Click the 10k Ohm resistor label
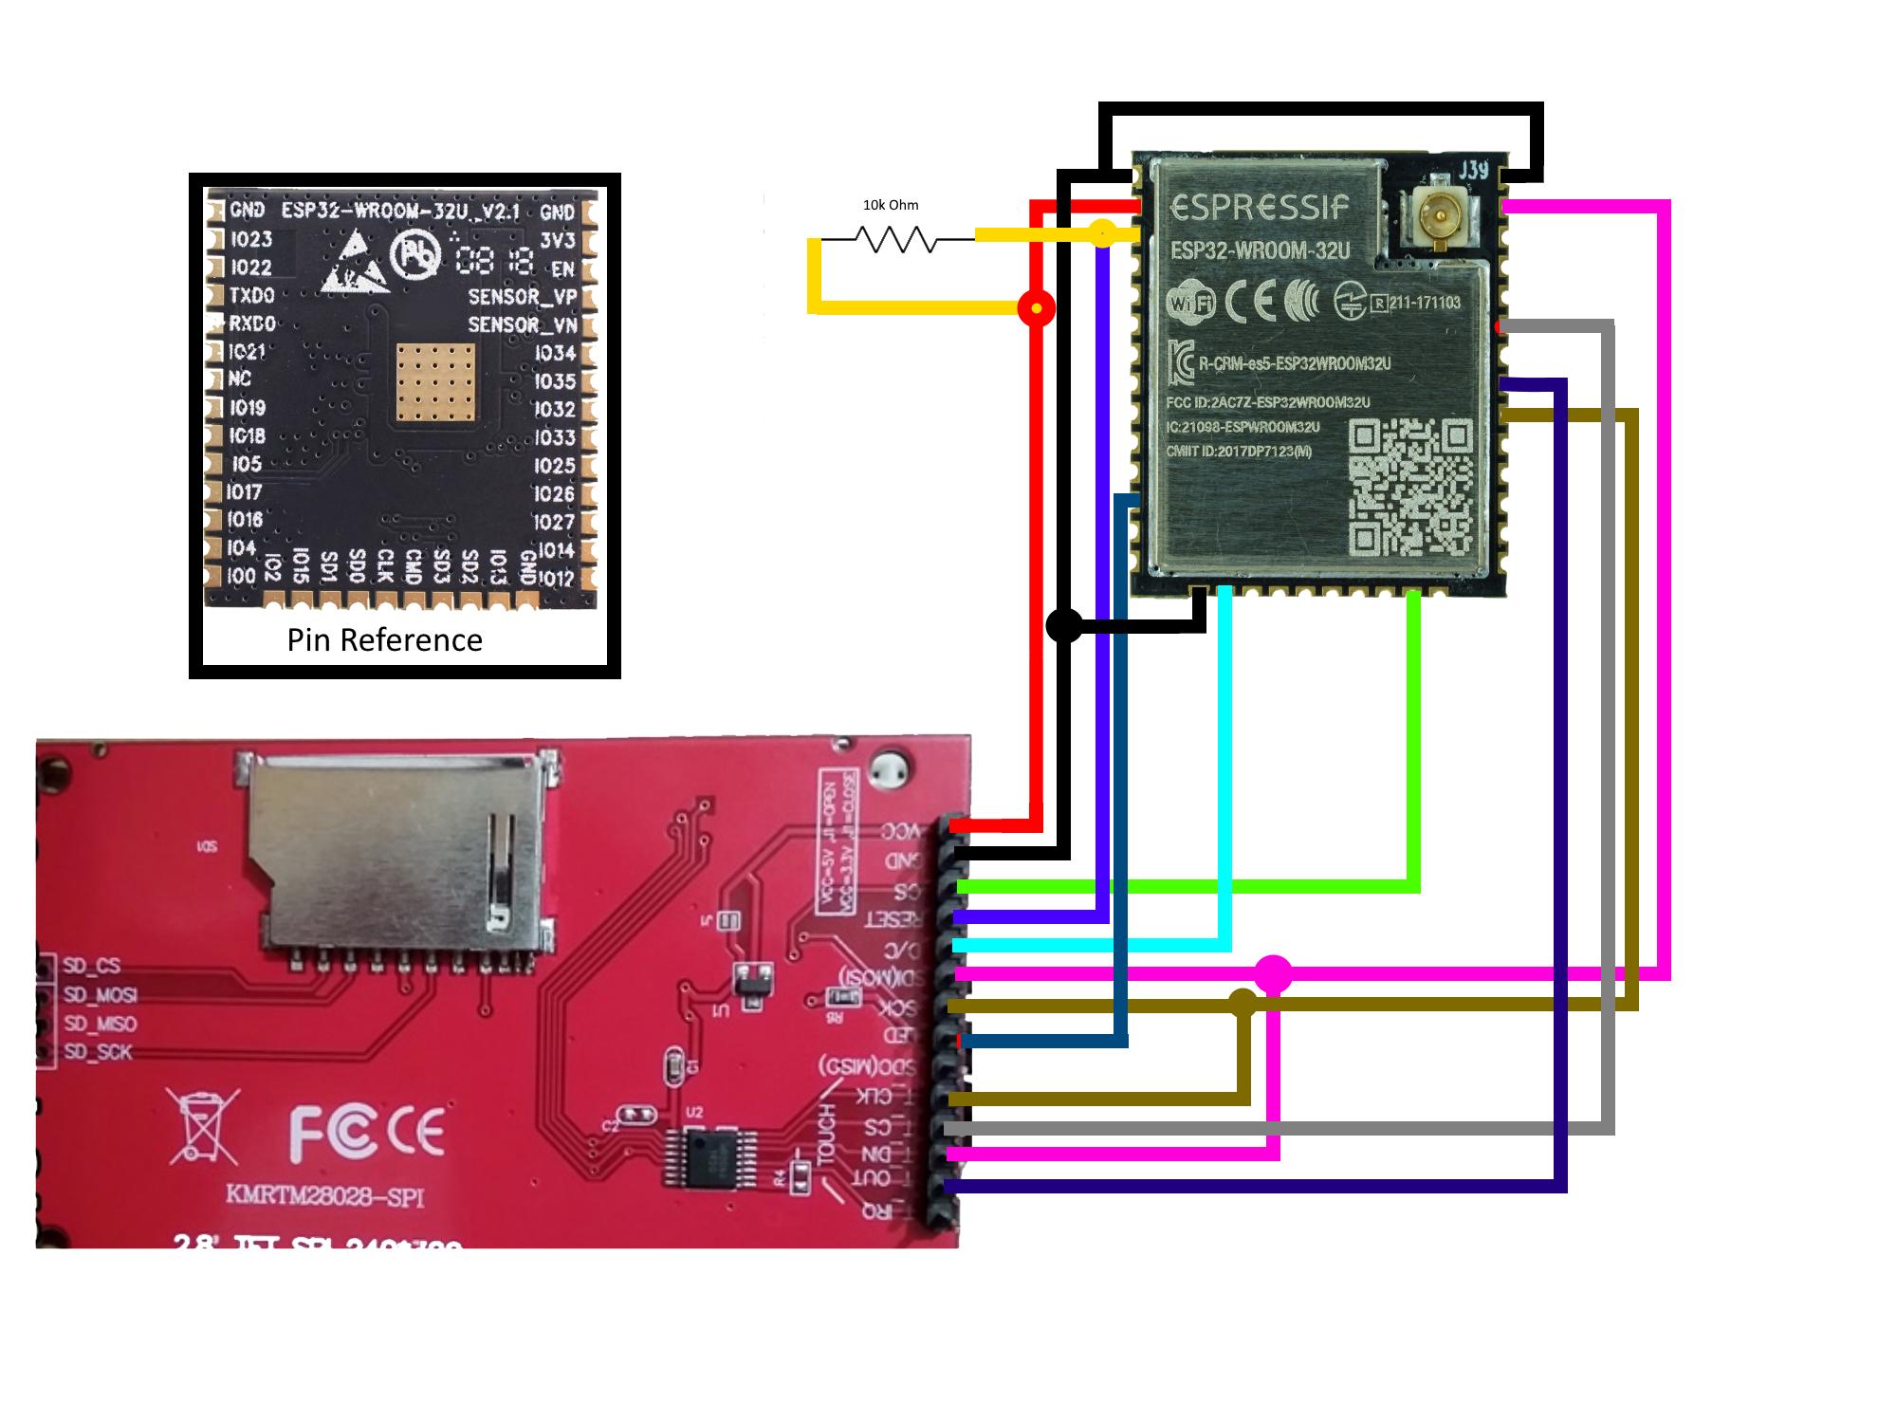click(890, 205)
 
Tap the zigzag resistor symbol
click(896, 239)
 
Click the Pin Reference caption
click(384, 640)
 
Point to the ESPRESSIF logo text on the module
click(1260, 208)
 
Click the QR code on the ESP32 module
click(1410, 486)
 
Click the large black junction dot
click(1063, 625)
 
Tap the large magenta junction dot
click(1273, 974)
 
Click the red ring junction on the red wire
click(1036, 308)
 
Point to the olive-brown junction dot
click(1243, 1003)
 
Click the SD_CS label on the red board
click(92, 966)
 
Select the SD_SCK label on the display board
click(98, 1052)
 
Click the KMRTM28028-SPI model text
click(324, 1195)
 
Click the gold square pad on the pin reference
click(435, 381)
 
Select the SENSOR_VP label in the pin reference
click(522, 296)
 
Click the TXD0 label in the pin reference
click(251, 295)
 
